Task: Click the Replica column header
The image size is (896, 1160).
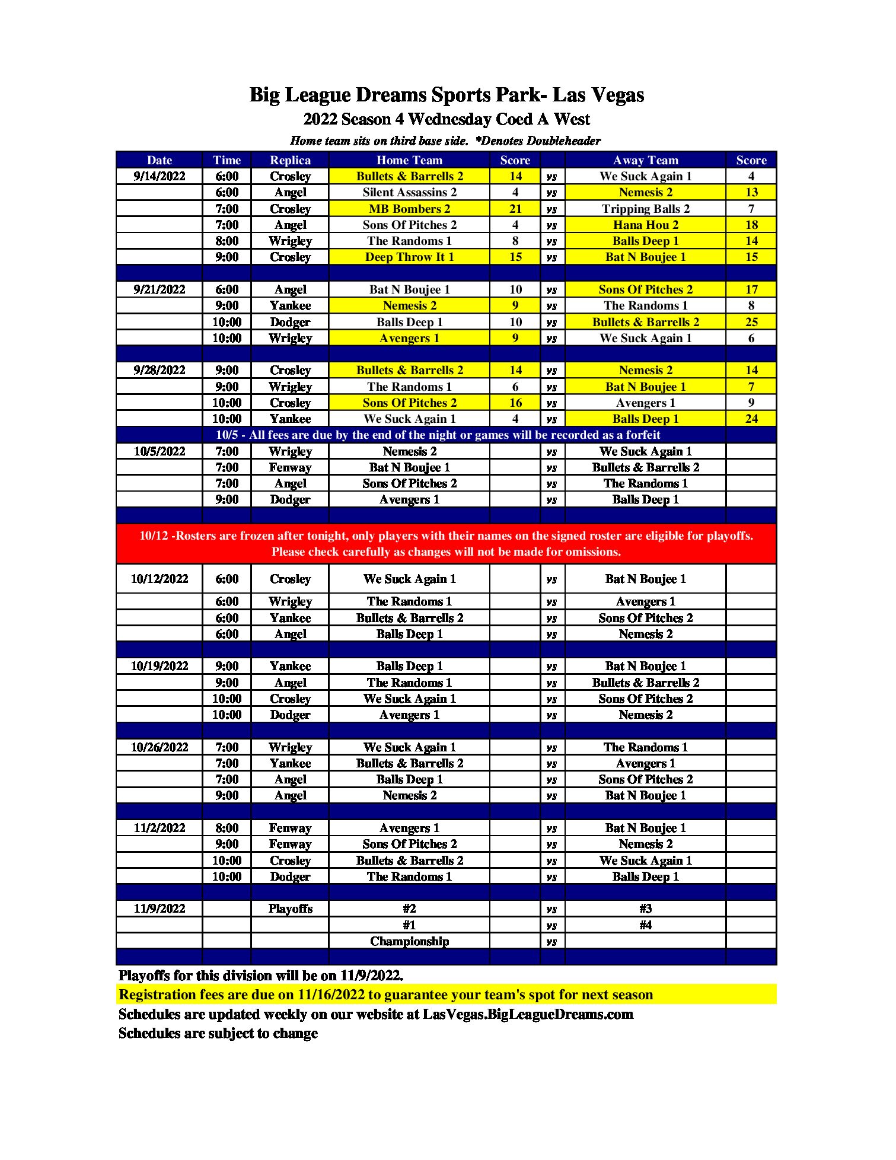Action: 290,160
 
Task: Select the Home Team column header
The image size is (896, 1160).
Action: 409,160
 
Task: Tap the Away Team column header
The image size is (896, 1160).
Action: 645,160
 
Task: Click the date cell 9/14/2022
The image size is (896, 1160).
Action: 159,176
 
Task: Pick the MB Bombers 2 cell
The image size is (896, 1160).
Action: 409,209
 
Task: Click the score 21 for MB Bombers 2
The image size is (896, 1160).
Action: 515,209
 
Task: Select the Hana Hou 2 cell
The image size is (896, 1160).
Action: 645,225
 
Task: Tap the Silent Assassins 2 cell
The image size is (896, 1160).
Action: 409,192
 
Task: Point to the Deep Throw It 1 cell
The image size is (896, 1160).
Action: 409,257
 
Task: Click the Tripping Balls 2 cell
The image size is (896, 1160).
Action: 645,209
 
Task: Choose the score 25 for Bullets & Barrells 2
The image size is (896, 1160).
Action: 751,322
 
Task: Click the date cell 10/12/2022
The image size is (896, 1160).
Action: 159,579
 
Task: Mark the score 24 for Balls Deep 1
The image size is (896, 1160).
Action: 751,419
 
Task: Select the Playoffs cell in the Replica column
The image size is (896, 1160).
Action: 290,909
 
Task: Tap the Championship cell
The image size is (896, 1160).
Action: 409,941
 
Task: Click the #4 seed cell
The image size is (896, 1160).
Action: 645,925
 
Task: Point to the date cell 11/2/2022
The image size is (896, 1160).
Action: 159,828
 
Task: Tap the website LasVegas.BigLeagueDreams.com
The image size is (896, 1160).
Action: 528,1014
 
